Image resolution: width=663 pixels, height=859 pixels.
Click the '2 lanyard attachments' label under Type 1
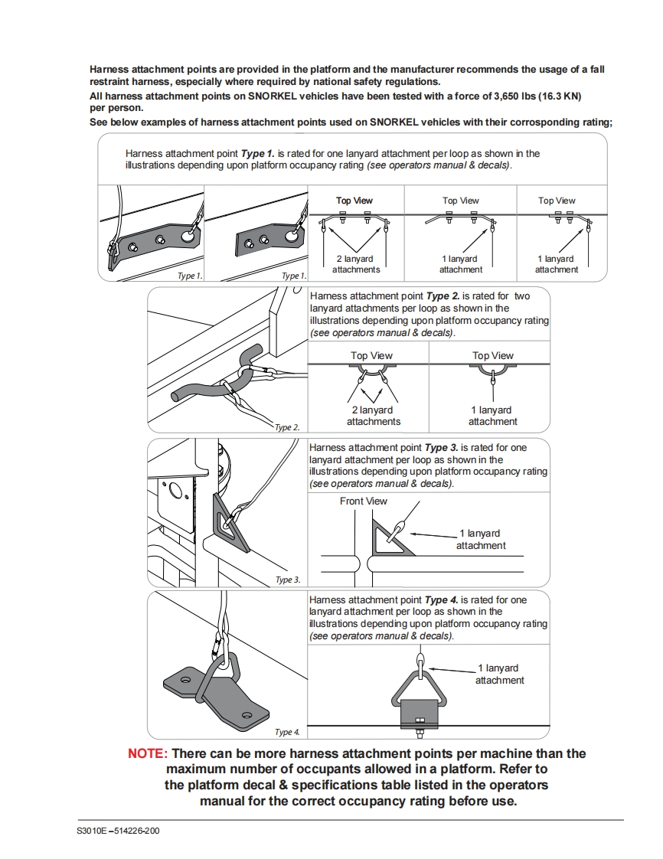356,264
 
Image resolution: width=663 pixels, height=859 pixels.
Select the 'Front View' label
364,501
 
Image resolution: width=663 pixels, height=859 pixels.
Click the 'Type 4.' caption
287,733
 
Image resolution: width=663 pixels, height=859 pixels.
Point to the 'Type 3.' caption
288,580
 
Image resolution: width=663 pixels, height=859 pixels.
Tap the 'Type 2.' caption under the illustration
287,428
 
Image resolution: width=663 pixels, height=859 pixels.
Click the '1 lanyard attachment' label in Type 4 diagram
499,674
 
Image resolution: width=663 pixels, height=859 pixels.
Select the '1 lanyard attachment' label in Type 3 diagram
481,539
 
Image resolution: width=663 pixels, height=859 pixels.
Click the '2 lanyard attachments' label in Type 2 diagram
373,416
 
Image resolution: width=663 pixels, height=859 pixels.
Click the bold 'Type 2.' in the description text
443,296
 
